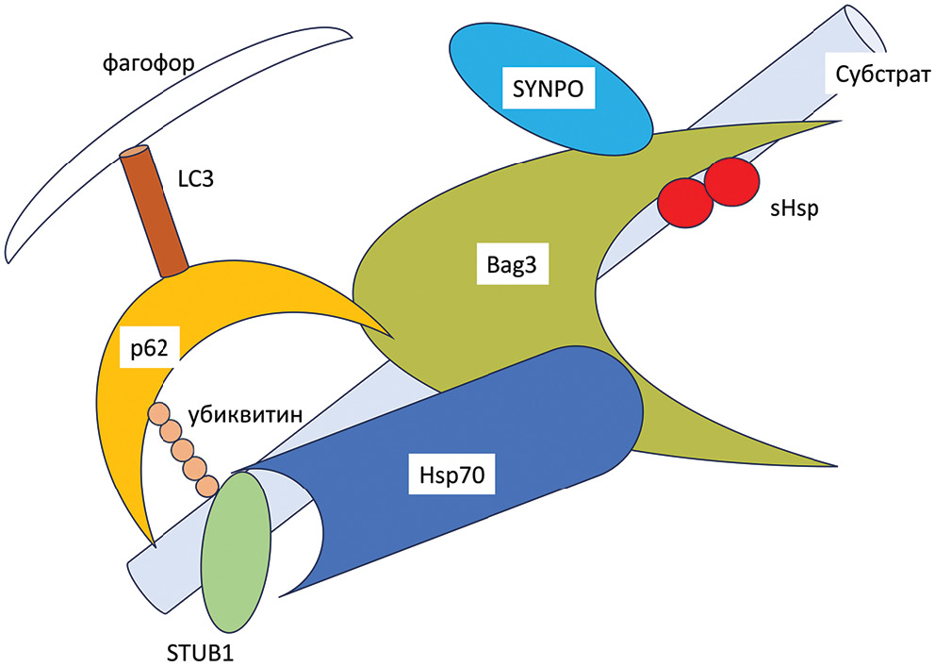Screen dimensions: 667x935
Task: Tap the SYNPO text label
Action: (x=549, y=90)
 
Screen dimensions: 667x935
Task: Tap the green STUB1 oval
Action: (x=237, y=552)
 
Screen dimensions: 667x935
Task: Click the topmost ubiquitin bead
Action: (x=159, y=413)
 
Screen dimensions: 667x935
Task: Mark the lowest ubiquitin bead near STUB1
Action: (x=207, y=486)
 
